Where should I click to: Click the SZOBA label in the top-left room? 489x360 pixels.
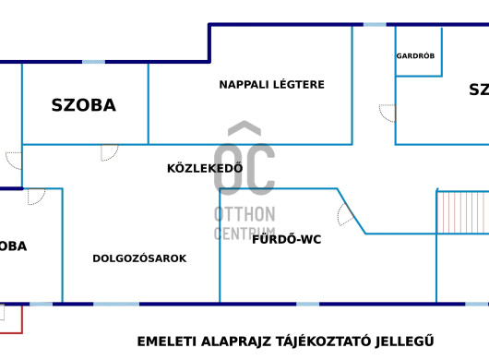83,105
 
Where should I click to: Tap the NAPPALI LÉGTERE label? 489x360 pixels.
271,85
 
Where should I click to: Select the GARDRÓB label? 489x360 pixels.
415,55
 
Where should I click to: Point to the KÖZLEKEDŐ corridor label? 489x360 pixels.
204,168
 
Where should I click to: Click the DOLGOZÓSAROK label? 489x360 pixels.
139,258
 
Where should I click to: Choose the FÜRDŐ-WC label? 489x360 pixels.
286,239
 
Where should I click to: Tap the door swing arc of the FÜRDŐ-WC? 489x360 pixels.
345,215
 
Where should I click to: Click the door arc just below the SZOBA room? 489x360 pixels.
109,152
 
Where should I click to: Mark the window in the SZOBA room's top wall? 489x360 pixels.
93,62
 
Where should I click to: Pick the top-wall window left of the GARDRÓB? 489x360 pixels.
375,25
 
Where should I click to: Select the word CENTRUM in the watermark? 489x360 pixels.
244,234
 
